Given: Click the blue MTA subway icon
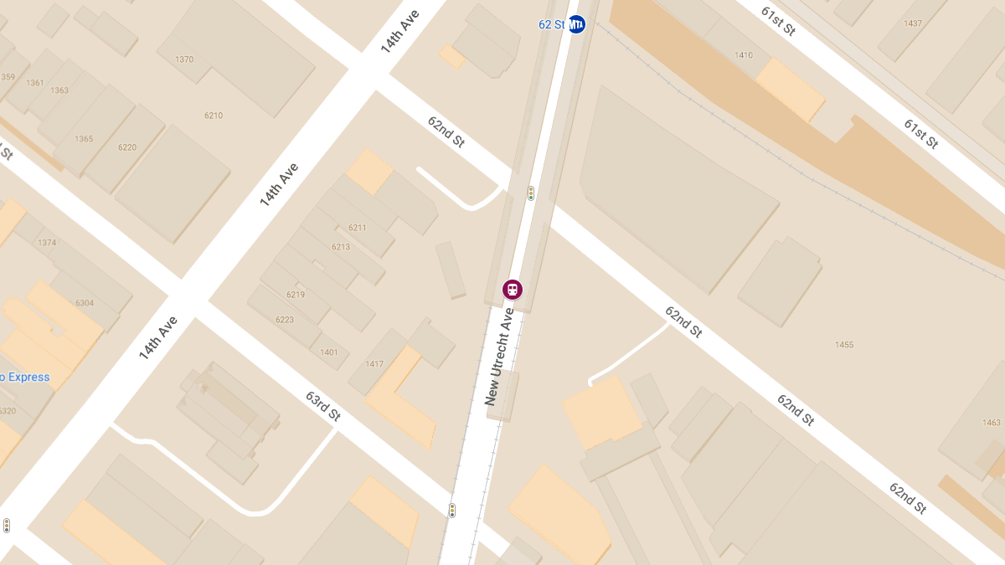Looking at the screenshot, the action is click(x=576, y=24).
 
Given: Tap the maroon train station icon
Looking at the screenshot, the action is click(x=512, y=290).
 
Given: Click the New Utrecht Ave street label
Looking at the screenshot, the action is click(x=499, y=357).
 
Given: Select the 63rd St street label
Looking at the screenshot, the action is click(x=322, y=406).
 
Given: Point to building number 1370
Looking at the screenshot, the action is click(x=184, y=59).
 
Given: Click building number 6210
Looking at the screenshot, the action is click(x=214, y=116).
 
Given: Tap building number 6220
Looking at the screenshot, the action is click(x=127, y=147).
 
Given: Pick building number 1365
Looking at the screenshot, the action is click(x=84, y=139).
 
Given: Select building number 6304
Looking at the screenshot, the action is click(x=85, y=303).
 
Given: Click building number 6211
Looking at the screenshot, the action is click(x=357, y=228).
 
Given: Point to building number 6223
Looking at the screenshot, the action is click(x=284, y=320).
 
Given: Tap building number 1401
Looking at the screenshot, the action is click(x=329, y=352).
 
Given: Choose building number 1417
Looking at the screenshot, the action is click(x=374, y=364).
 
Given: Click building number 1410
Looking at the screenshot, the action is click(x=743, y=55).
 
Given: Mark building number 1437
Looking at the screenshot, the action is click(x=913, y=23).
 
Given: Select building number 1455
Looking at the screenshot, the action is click(x=844, y=345).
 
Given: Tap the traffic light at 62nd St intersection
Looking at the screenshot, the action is click(x=531, y=193).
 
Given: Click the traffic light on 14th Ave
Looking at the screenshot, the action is click(x=7, y=526).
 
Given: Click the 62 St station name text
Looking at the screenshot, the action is click(x=552, y=24).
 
